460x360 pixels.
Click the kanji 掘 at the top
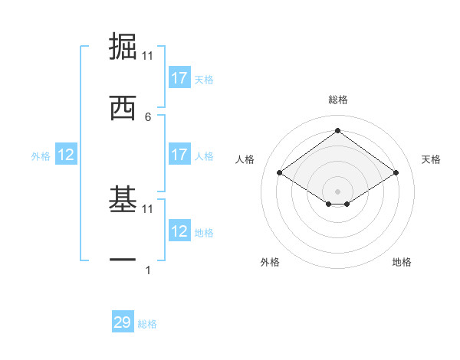coord(123,47)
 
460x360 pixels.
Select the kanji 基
coord(123,201)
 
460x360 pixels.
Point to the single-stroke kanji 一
coord(123,260)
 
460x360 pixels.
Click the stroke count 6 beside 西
coord(148,116)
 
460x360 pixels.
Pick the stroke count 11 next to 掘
coord(148,56)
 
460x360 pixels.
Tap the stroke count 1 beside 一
coord(148,270)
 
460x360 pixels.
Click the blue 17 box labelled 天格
coord(179,78)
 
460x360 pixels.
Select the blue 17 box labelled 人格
coord(179,155)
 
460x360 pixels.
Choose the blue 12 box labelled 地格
coord(179,231)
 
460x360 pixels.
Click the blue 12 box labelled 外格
coord(66,155)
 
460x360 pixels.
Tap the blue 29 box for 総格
coord(123,322)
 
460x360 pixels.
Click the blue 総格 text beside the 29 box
coord(147,324)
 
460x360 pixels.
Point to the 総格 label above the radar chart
coord(338,100)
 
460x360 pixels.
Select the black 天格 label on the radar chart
coord(432,159)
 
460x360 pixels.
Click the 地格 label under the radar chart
coord(402,262)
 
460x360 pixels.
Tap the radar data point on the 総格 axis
coord(337,130)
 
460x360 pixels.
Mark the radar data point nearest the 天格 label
coord(396,173)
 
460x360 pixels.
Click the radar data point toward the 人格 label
coord(280,173)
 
